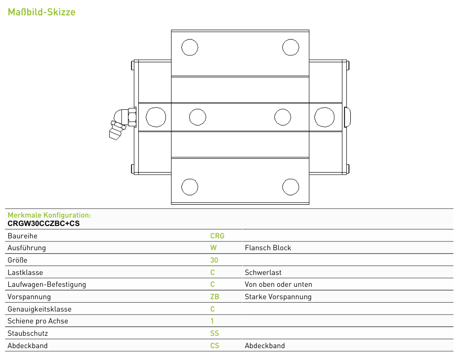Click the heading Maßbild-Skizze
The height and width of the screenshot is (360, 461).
[42, 12]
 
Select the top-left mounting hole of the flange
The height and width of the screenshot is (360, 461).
[190, 47]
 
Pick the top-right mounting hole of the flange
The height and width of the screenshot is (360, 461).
[291, 47]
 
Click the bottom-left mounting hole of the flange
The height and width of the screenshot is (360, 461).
[190, 186]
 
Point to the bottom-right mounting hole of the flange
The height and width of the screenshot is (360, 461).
[291, 186]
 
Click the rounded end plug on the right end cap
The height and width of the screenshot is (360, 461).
[347, 117]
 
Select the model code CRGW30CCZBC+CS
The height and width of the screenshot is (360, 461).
[43, 224]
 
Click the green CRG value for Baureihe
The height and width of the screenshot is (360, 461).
[217, 236]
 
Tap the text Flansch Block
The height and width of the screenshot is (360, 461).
[268, 248]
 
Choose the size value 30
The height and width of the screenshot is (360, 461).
[214, 260]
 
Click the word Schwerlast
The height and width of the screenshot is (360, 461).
[263, 272]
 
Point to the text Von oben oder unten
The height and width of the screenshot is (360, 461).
[278, 284]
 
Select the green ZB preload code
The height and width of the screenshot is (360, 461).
[214, 297]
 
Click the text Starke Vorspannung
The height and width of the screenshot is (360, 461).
[278, 297]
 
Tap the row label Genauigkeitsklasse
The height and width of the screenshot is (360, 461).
[40, 309]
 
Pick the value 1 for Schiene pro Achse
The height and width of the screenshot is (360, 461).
[212, 321]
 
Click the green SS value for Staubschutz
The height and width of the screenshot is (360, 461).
[214, 333]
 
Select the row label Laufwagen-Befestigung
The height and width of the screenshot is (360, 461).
[47, 285]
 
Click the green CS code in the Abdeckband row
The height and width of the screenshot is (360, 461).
[214, 346]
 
